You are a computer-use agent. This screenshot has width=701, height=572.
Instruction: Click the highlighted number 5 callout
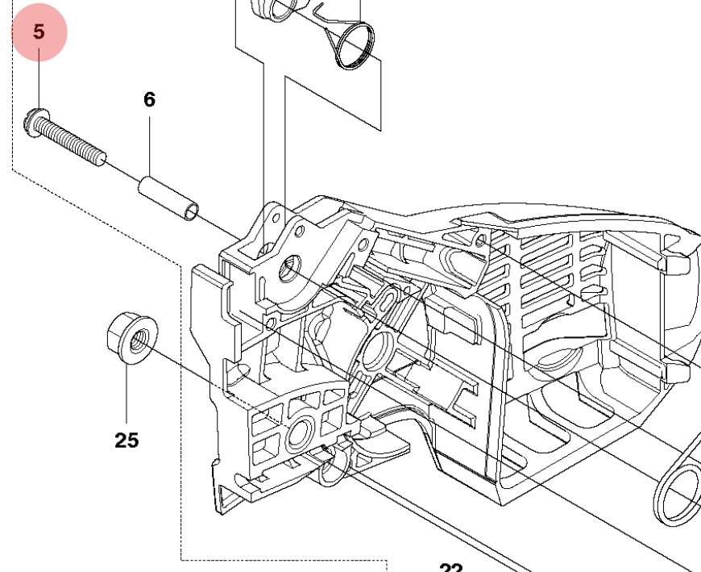coord(39,33)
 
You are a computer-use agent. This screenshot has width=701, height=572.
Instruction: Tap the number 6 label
coord(150,99)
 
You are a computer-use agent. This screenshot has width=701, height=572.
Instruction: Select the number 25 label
coord(127,440)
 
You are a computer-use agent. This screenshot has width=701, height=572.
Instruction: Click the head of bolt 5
coord(32,123)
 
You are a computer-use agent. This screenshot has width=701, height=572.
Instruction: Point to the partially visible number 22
coord(451,566)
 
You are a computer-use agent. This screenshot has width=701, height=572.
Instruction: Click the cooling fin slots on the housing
coord(556,266)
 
